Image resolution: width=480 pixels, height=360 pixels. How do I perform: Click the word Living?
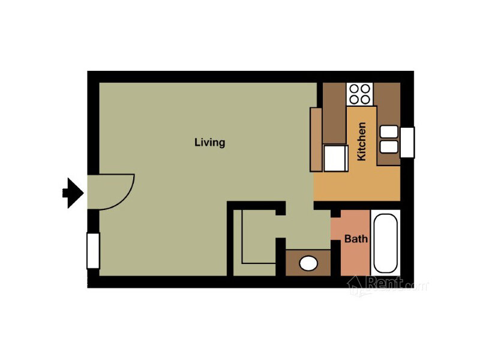coord(209,143)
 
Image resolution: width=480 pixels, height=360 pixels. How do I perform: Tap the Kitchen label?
coord(362,142)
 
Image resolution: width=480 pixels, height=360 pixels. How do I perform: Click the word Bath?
coord(356,239)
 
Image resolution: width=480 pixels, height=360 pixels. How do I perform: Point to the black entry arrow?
coord(73,193)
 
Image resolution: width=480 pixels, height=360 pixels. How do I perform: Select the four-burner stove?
coord(359,94)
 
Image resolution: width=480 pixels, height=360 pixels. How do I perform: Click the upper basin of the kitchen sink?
coord(389,131)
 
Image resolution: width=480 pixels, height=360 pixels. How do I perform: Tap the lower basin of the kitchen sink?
coord(389,147)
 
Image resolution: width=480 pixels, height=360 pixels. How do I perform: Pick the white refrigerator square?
coord(336,158)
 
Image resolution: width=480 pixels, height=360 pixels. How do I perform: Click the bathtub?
coord(386,243)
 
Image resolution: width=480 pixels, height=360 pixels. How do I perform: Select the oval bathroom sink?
coord(308,264)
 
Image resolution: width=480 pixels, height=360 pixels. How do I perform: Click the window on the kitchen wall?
coord(407,142)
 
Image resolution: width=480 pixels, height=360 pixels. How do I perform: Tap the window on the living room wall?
coord(94,251)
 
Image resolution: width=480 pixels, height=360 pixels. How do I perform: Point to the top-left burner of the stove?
coord(354,89)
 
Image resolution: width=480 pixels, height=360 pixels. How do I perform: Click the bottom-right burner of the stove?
coord(365,100)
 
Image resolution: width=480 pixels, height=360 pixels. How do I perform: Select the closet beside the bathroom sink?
coord(254,243)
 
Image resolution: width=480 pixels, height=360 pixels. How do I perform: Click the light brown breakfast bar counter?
coord(316,139)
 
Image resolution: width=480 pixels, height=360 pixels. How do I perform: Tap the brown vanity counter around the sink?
coord(308,263)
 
